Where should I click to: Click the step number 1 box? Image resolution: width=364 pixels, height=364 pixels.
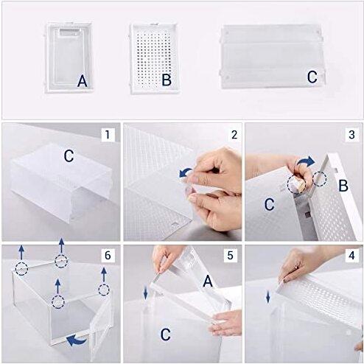(109, 135)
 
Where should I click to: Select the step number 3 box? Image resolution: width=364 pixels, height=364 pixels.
(351, 135)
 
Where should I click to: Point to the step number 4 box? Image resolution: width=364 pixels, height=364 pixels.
(351, 255)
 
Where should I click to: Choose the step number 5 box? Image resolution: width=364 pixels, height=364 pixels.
(230, 255)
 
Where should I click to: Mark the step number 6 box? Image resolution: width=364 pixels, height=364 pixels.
(109, 255)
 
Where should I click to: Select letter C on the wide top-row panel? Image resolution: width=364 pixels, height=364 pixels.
(312, 77)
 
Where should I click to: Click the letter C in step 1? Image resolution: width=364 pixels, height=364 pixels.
(67, 156)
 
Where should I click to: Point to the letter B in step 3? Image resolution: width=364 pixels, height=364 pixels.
(342, 186)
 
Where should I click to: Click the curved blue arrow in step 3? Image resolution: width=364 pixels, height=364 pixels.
(311, 160)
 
